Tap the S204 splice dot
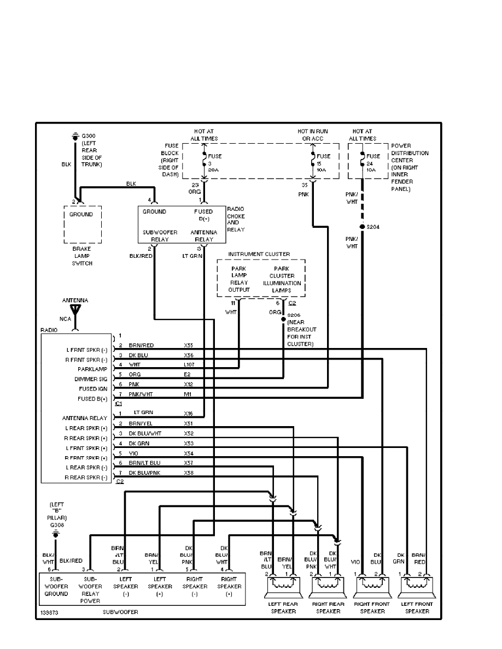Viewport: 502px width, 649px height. coord(362,226)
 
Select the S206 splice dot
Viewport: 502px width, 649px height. coord(283,317)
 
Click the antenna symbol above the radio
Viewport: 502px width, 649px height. coord(76,310)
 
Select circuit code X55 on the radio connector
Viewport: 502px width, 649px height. coord(189,346)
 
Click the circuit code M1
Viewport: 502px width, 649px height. coord(188,394)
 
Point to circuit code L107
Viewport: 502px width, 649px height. coord(190,364)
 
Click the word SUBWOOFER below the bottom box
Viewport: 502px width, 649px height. coord(120,612)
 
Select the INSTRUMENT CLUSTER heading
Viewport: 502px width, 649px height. coord(259,254)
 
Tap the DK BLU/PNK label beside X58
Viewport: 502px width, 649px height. coord(144,472)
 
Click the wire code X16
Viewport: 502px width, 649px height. coord(189,414)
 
